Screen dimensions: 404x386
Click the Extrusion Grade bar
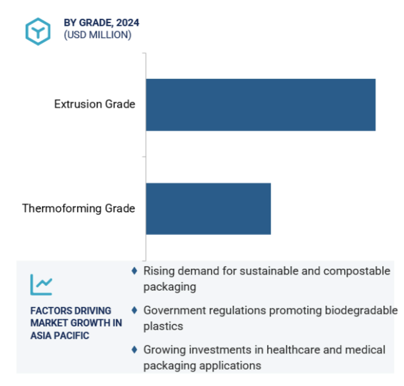261,105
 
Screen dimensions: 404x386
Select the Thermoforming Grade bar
208,209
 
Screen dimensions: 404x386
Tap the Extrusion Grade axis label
94,104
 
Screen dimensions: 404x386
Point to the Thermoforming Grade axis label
79,209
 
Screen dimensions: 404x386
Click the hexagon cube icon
38,31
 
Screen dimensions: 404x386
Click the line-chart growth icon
41,284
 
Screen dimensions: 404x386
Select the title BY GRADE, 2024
101,23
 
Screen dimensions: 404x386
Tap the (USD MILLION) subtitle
98,35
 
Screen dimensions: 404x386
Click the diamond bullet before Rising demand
134,271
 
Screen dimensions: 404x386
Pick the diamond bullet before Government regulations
134,310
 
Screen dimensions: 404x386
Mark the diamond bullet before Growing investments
134,350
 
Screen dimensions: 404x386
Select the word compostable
357,271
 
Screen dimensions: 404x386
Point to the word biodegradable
361,311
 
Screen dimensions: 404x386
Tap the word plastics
163,326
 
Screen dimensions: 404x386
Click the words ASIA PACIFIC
60,336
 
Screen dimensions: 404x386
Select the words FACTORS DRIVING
71,311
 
